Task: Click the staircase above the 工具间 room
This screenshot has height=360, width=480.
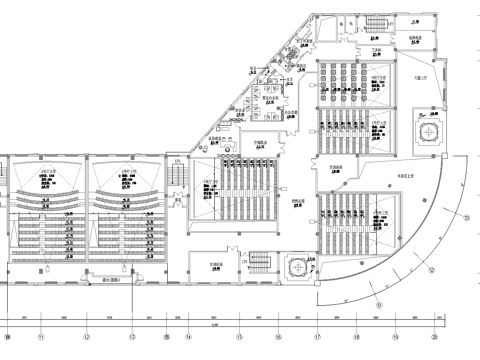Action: pyautogui.click(x=378, y=25)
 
